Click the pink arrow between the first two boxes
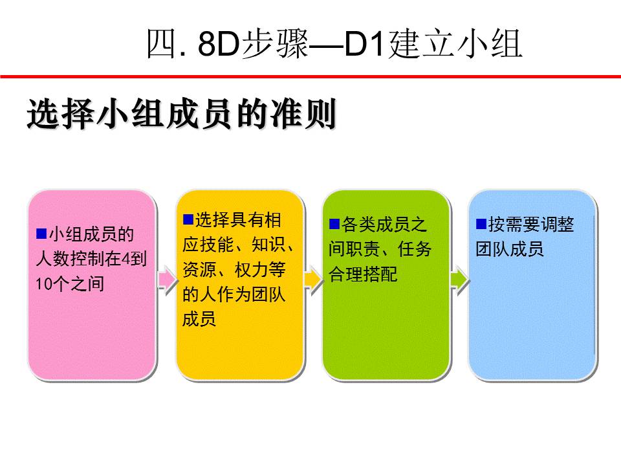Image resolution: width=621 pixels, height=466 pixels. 167,280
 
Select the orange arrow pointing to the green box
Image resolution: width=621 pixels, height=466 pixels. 313,280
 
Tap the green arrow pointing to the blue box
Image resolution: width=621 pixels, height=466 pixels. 459,280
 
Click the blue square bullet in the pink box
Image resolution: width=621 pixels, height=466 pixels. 41,234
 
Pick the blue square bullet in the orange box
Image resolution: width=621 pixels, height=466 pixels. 188,219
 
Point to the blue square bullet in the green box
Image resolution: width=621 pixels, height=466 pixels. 334,225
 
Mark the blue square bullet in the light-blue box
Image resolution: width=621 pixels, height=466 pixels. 481,225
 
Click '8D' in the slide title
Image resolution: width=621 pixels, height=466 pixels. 219,43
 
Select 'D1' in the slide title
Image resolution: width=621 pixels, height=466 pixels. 365,43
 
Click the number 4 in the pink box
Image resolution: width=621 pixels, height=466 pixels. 125,259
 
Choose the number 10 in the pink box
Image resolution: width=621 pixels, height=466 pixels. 44,283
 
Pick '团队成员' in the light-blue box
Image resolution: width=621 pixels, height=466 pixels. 509,249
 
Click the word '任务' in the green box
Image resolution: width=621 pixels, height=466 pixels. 415,249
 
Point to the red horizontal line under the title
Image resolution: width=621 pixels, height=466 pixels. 310,76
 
